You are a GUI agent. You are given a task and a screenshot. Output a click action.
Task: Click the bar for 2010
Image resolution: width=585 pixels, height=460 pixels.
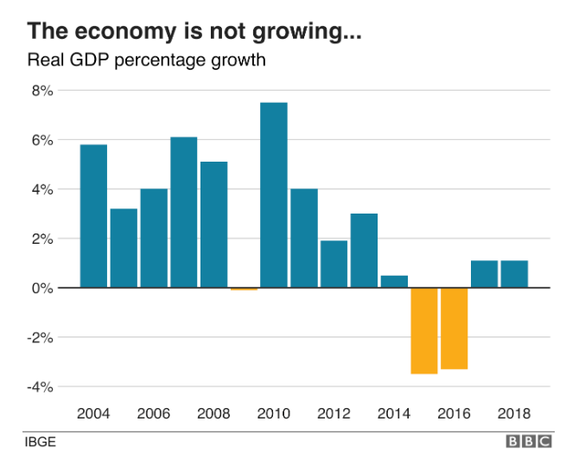tap(274, 195)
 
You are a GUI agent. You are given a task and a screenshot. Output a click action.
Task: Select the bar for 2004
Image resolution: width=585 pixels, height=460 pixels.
tap(93, 215)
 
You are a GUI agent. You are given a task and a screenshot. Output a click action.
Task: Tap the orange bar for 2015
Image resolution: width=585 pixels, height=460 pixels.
tap(424, 330)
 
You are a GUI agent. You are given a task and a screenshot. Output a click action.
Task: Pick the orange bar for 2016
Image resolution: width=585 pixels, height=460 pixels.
tap(454, 328)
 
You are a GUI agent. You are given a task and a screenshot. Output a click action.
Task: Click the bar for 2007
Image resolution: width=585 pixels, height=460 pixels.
tap(183, 212)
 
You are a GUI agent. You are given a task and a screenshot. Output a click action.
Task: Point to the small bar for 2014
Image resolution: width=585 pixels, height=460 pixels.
tap(394, 281)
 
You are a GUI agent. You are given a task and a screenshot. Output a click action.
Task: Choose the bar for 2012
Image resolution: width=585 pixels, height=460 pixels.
tap(334, 264)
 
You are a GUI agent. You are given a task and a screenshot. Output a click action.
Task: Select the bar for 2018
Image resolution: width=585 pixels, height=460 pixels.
tap(514, 273)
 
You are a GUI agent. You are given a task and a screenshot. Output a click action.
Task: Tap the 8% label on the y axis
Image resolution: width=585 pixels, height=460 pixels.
tap(42, 91)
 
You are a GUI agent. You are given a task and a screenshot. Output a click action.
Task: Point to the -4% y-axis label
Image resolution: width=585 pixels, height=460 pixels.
tap(40, 386)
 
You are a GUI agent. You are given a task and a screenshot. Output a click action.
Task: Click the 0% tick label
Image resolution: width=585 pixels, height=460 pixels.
tap(42, 288)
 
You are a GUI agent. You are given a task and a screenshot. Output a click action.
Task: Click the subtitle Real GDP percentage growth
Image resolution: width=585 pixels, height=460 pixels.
tap(145, 61)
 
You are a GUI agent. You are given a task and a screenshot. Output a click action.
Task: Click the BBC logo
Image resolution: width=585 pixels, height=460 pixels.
tap(530, 442)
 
